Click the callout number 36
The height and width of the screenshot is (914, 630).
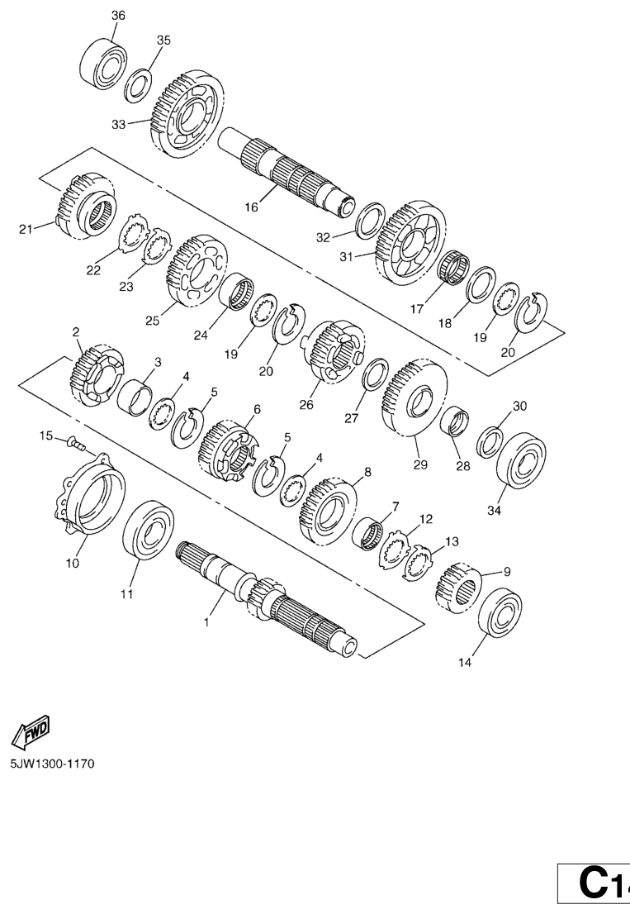coord(117,16)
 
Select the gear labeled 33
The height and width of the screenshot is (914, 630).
coord(187,114)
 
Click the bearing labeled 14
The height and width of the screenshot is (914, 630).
coord(500,612)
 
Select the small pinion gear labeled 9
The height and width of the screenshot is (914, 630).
coord(458,588)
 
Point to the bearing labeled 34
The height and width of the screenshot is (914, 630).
coord(522,460)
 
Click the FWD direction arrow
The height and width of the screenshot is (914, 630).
coord(32,730)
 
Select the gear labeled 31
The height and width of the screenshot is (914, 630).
coord(412,243)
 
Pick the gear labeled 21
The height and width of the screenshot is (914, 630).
coord(85,207)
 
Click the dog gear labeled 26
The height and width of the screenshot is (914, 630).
coord(333,351)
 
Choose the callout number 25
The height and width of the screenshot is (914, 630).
coord(153,321)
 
